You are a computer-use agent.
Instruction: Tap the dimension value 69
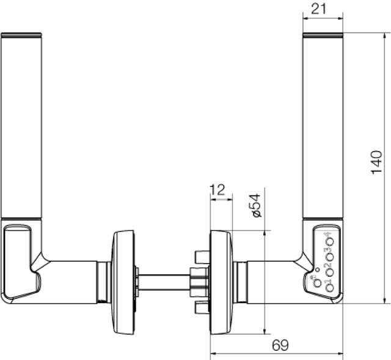(280, 346)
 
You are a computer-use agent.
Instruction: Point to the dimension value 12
(217, 189)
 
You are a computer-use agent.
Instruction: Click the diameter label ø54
(255, 206)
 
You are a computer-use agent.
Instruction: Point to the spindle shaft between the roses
(165, 282)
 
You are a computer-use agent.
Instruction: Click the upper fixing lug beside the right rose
(199, 256)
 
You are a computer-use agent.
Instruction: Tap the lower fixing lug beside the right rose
(199, 309)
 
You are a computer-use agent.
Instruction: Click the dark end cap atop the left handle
(21, 34)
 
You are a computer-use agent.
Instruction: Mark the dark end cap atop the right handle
(323, 34)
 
